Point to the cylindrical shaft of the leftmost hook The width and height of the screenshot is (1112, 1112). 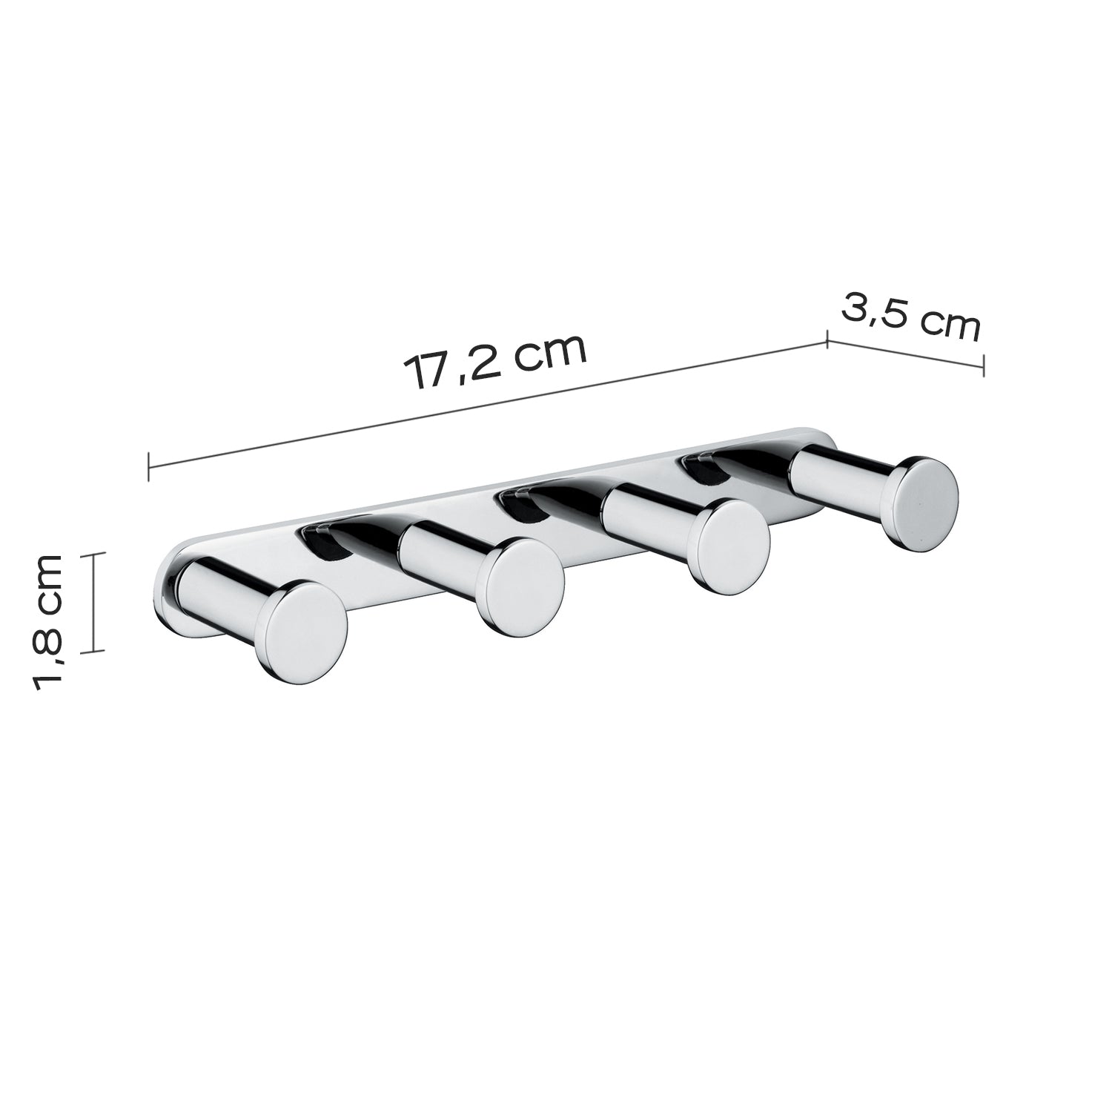[x=226, y=593]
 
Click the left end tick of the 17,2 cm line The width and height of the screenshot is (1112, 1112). [x=149, y=466]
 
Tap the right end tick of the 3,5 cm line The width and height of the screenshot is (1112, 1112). [x=983, y=365]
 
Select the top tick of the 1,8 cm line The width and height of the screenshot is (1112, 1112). [x=93, y=552]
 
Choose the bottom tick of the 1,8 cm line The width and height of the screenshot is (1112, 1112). [x=93, y=652]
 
